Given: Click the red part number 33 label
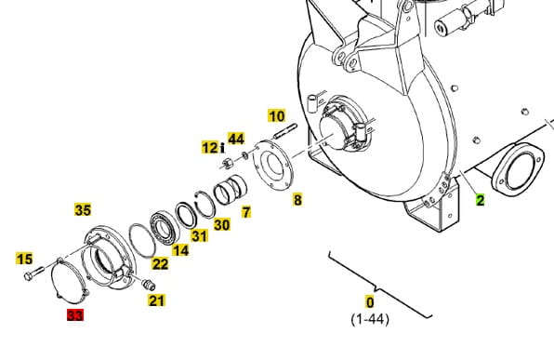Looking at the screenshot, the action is pos(75,314).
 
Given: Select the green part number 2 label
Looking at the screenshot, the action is pos(480,201).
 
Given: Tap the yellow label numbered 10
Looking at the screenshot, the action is pos(277,116).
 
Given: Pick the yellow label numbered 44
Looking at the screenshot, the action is pos(236,139).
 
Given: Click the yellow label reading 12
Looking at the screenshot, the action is pos(211,148).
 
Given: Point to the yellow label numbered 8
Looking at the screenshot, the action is pos(297,200).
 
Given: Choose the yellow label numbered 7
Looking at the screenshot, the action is pos(246,212).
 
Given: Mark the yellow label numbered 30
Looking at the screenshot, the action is pos(222,224).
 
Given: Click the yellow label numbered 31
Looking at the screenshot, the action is pos(199,236).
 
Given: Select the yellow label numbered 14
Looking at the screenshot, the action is pos(180,250).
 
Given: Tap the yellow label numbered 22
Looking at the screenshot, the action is pos(160,264).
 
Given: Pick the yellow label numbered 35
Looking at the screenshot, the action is pos(83,210).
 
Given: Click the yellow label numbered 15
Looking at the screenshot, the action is pos(24,259).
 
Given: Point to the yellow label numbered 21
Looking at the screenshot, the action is pos(156,300).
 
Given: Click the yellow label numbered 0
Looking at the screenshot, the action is pos(370,302).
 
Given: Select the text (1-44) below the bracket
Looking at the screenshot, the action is pos(370,319).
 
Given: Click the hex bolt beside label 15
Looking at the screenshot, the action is pos(34,273).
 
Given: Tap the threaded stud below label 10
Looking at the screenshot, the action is pos(285,131).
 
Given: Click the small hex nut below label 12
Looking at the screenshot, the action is pos(227,164).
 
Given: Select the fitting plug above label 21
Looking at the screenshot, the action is pos(149,285).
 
